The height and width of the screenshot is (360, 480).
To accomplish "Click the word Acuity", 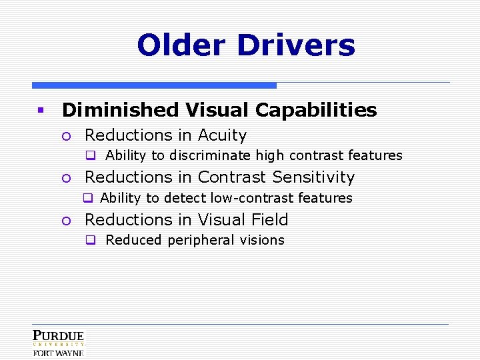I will click(222, 135).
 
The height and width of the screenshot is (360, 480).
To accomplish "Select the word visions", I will click(262, 240).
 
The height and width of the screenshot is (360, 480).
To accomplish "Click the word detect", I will click(185, 198).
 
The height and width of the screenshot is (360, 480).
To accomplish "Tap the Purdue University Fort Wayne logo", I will click(59, 343).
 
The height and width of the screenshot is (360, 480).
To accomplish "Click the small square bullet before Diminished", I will click(40, 110).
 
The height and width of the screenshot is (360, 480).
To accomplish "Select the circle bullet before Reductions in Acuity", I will click(65, 136).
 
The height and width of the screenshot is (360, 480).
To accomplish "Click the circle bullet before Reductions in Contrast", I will click(65, 178).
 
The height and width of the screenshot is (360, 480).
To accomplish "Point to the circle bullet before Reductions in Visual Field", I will click(65, 220).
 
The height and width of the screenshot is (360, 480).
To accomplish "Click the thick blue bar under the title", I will click(154, 85).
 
